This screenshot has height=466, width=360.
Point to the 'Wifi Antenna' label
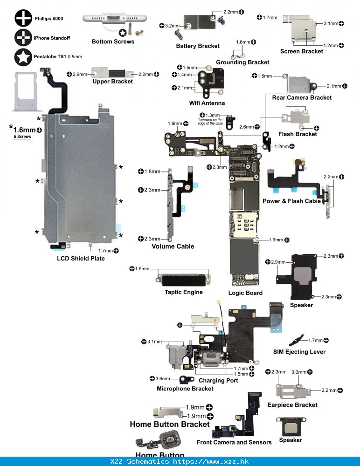coord(207,103)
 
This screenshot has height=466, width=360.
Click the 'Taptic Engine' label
coord(183,292)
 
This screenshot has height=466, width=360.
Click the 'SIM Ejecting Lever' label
coord(299,351)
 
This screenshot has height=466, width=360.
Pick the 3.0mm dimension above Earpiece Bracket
coord(298,372)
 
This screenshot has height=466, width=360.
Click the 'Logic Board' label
coord(245,293)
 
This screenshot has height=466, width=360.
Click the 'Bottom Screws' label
coord(113,41)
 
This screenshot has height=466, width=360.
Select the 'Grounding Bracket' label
coord(242,62)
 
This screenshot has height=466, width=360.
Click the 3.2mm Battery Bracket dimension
coord(172,26)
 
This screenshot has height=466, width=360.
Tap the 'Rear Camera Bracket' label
coord(302,97)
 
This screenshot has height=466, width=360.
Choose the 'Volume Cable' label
coord(173,247)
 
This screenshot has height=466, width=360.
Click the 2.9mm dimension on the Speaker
coord(278,262)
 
